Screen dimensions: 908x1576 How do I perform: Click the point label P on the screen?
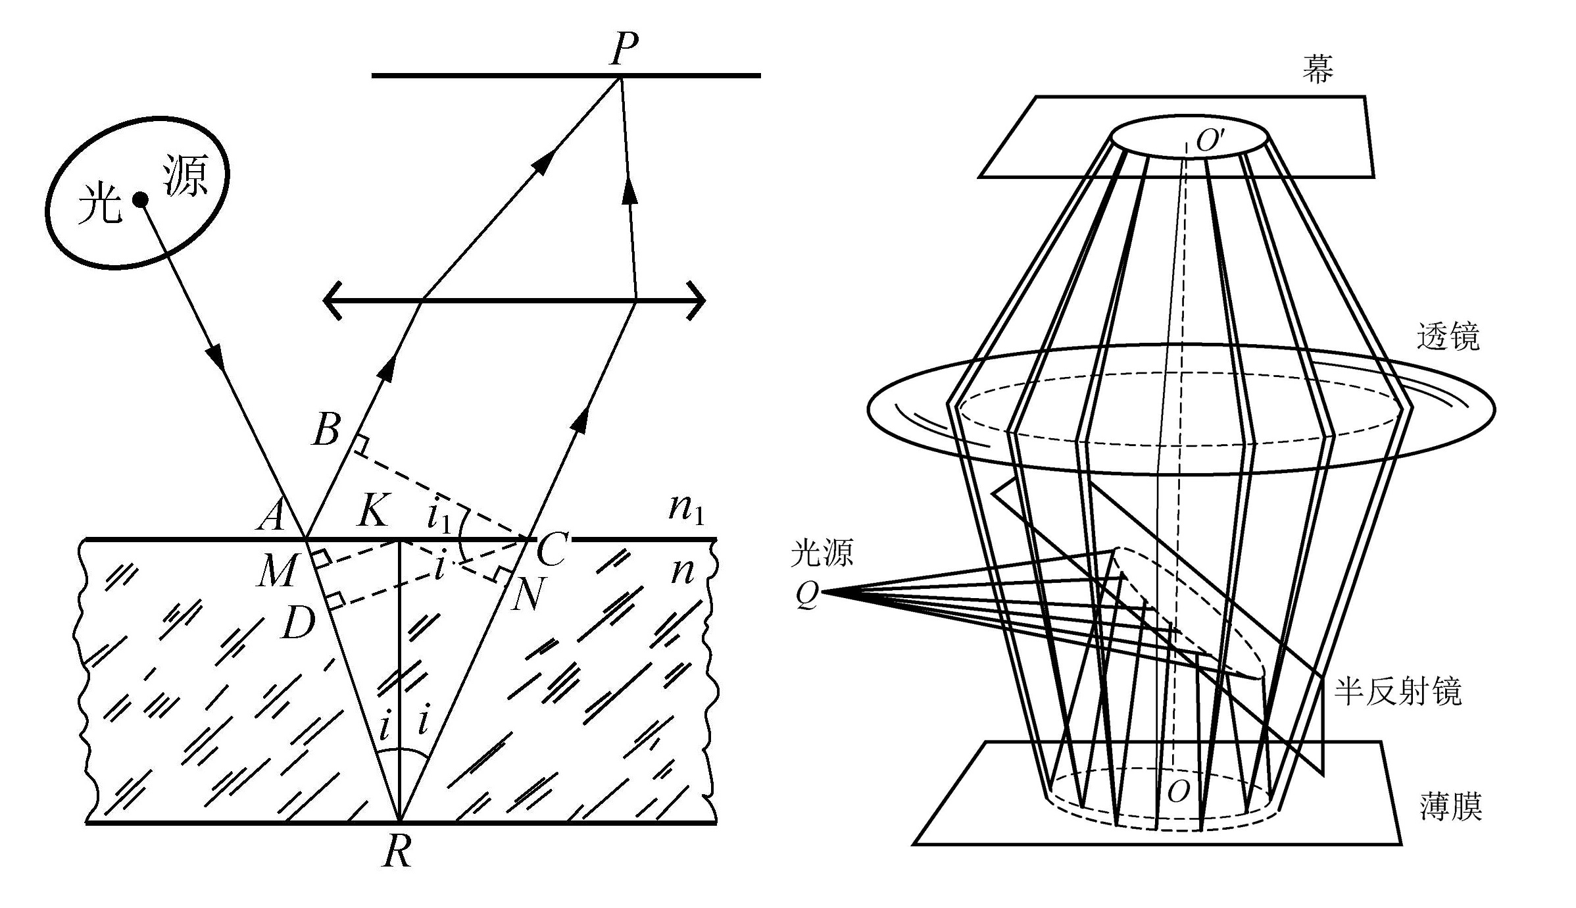tap(624, 49)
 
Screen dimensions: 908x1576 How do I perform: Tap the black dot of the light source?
tap(140, 199)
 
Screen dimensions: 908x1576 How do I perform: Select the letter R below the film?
tap(398, 853)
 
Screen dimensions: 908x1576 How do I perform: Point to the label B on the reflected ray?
tap(327, 431)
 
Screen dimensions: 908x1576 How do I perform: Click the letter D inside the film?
tap(299, 622)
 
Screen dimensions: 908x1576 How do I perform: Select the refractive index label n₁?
tap(686, 509)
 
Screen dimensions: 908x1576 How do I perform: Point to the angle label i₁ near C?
tap(439, 517)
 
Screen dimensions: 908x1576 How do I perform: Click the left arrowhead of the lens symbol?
tap(332, 301)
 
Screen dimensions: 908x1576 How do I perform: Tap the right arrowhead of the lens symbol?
tap(697, 301)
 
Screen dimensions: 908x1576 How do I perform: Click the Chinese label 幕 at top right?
tap(1317, 68)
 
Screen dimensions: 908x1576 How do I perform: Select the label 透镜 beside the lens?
tap(1448, 337)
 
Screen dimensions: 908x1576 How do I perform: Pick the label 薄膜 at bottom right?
tap(1450, 807)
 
